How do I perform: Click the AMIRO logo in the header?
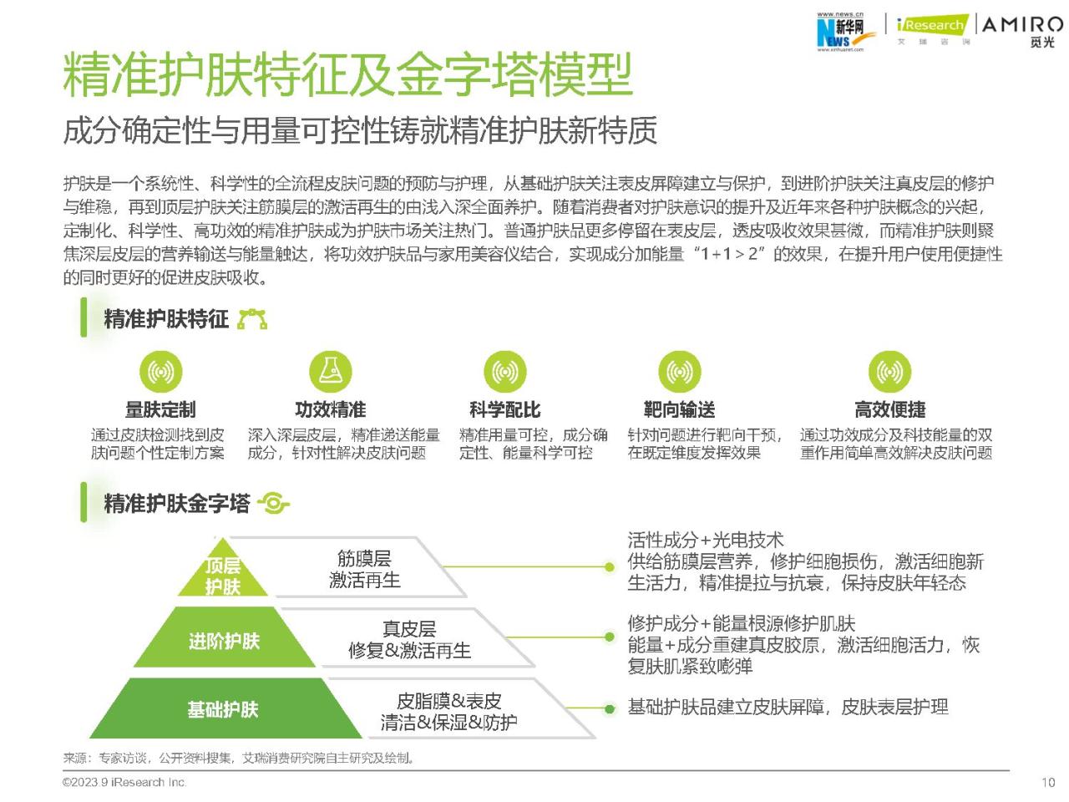click(1021, 32)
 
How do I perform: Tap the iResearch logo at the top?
click(932, 29)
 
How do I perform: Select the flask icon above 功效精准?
click(331, 372)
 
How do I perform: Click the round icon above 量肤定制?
click(160, 372)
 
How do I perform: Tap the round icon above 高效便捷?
click(889, 372)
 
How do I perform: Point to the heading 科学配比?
click(505, 409)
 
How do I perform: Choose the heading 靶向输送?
click(679, 409)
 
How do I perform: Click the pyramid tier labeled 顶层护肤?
click(222, 571)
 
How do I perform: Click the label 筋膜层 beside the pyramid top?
click(364, 559)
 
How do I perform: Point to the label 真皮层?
click(409, 628)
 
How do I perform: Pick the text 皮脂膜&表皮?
click(448, 701)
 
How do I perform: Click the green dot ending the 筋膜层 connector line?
click(609, 566)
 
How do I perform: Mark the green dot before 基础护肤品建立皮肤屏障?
click(609, 709)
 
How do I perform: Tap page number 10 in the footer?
click(1047, 783)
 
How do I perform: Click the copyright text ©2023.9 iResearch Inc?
click(124, 783)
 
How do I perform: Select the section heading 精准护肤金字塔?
click(176, 503)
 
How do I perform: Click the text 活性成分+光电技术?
click(706, 540)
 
